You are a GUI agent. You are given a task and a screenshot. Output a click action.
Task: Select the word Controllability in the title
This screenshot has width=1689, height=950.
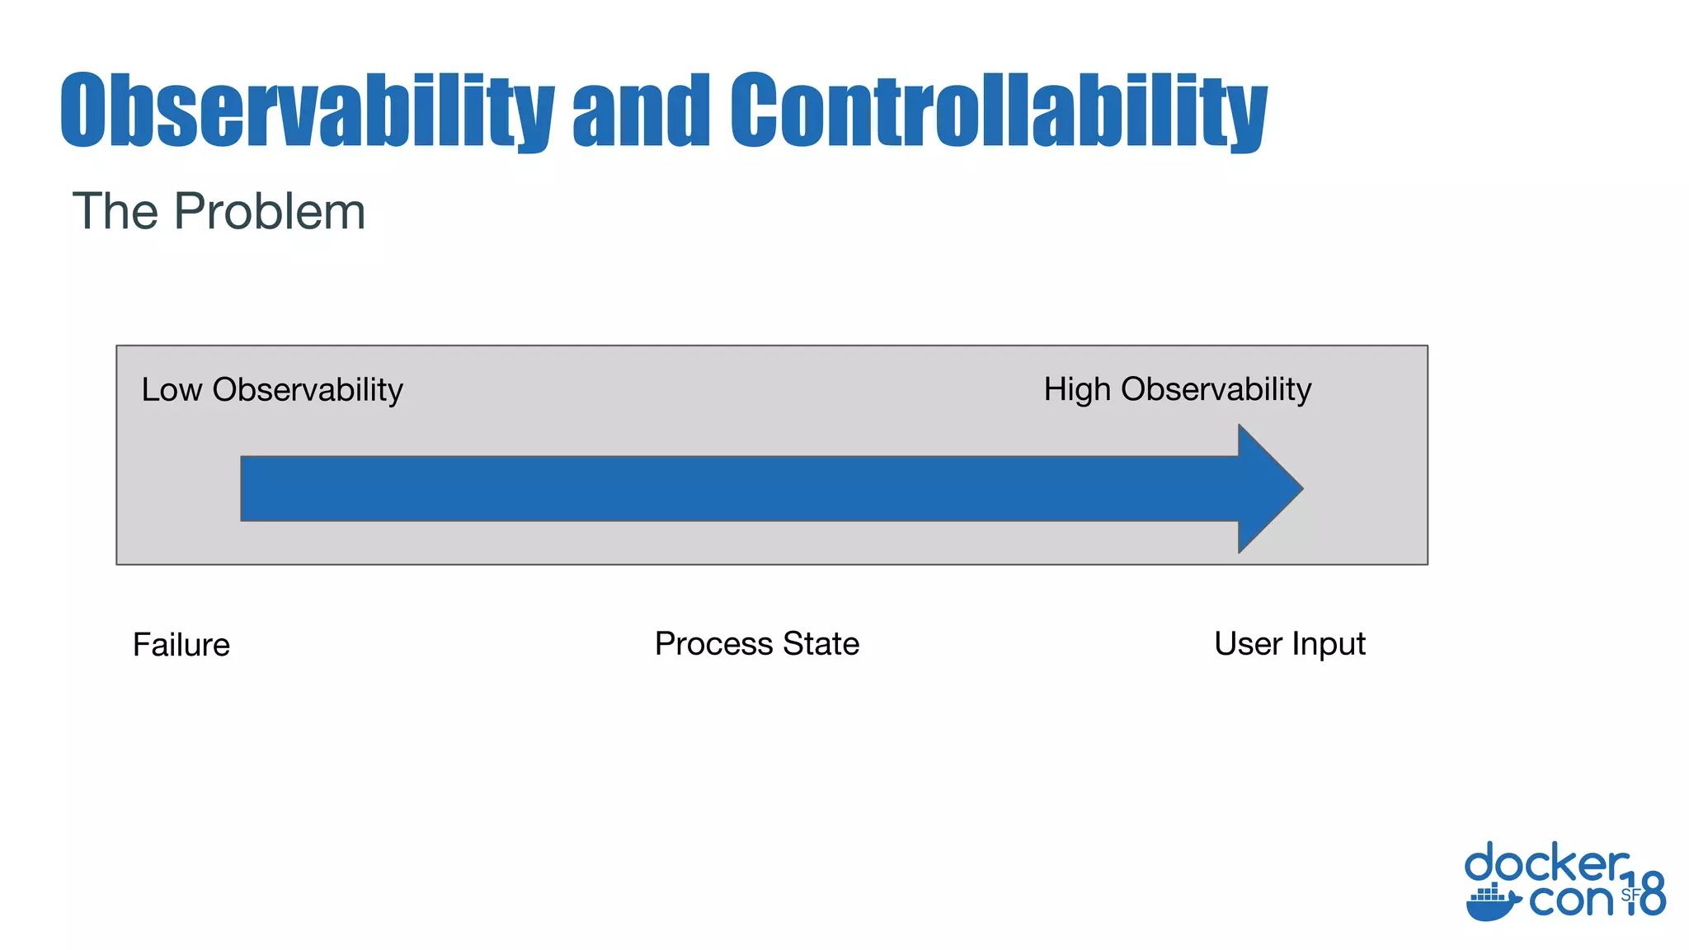click(998, 111)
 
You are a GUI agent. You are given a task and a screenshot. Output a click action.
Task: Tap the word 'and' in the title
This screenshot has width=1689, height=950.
click(641, 111)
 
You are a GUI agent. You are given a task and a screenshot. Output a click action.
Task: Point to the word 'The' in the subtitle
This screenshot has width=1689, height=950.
click(115, 212)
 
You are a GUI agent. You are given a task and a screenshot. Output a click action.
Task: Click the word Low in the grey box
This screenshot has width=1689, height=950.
click(171, 390)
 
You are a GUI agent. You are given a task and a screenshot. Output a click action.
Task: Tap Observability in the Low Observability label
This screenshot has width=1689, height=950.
click(308, 390)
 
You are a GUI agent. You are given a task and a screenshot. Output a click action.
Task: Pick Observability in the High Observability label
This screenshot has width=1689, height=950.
click(1216, 390)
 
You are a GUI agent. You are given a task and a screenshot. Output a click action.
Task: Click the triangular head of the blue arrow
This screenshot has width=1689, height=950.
click(1266, 488)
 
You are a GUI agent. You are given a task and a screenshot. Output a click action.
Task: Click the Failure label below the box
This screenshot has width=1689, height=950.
click(181, 645)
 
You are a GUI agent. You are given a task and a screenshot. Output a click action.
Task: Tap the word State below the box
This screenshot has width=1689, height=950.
click(821, 644)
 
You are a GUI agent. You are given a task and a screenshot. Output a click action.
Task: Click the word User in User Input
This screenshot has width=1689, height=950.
click(1248, 644)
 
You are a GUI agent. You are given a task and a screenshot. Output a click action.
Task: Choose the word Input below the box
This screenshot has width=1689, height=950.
click(1329, 644)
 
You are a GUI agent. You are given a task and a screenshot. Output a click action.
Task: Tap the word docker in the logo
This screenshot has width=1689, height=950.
click(1546, 864)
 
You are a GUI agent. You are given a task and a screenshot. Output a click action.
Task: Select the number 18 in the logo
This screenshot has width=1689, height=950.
click(1646, 895)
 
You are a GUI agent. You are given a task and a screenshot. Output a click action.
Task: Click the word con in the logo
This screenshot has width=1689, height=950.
click(1570, 900)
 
